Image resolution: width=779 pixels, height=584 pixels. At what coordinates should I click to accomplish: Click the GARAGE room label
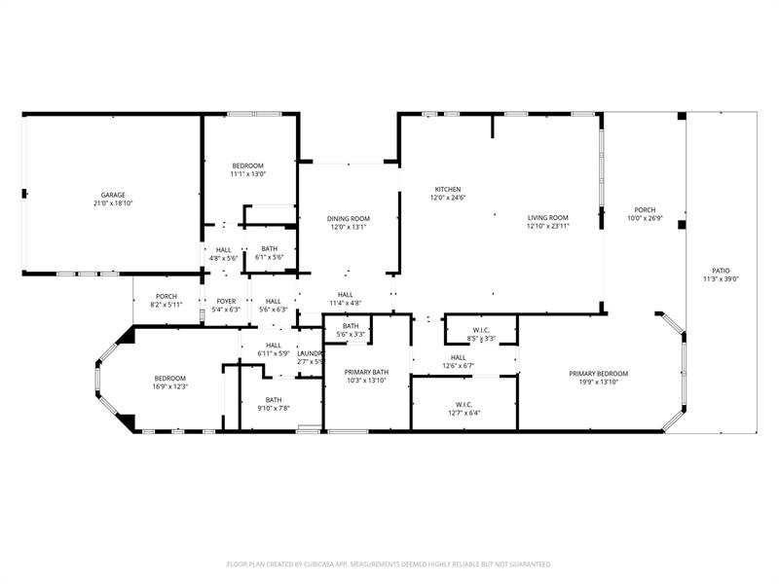click(x=114, y=195)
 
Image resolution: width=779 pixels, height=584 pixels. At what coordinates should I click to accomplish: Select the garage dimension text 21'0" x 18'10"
click(x=114, y=203)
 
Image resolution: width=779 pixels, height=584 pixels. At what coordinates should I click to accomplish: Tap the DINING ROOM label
click(x=348, y=218)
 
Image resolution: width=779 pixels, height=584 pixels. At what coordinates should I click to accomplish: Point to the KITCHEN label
click(x=448, y=189)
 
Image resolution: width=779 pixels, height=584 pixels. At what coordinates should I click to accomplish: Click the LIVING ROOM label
click(x=548, y=217)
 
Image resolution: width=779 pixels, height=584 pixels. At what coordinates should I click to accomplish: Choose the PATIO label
click(x=721, y=271)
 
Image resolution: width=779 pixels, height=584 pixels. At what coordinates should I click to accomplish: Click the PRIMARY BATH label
click(x=367, y=372)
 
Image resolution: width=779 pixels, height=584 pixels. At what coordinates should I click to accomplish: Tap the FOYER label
click(x=226, y=301)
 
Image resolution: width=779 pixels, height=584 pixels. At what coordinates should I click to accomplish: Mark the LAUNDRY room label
click(x=310, y=353)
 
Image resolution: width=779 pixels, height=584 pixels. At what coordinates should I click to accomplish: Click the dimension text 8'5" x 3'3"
click(x=481, y=339)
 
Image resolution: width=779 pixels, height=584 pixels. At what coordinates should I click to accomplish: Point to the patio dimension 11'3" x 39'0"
click(x=721, y=279)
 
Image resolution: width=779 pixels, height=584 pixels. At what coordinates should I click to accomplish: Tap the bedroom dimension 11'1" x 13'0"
click(x=247, y=174)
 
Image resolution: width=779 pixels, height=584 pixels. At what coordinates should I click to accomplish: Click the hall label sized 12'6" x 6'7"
click(x=458, y=356)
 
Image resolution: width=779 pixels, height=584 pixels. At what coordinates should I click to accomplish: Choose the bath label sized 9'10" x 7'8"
click(x=274, y=399)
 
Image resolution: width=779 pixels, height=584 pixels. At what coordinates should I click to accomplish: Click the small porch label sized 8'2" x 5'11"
click(x=167, y=296)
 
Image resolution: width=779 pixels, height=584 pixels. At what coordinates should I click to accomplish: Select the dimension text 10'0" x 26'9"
click(x=645, y=218)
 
